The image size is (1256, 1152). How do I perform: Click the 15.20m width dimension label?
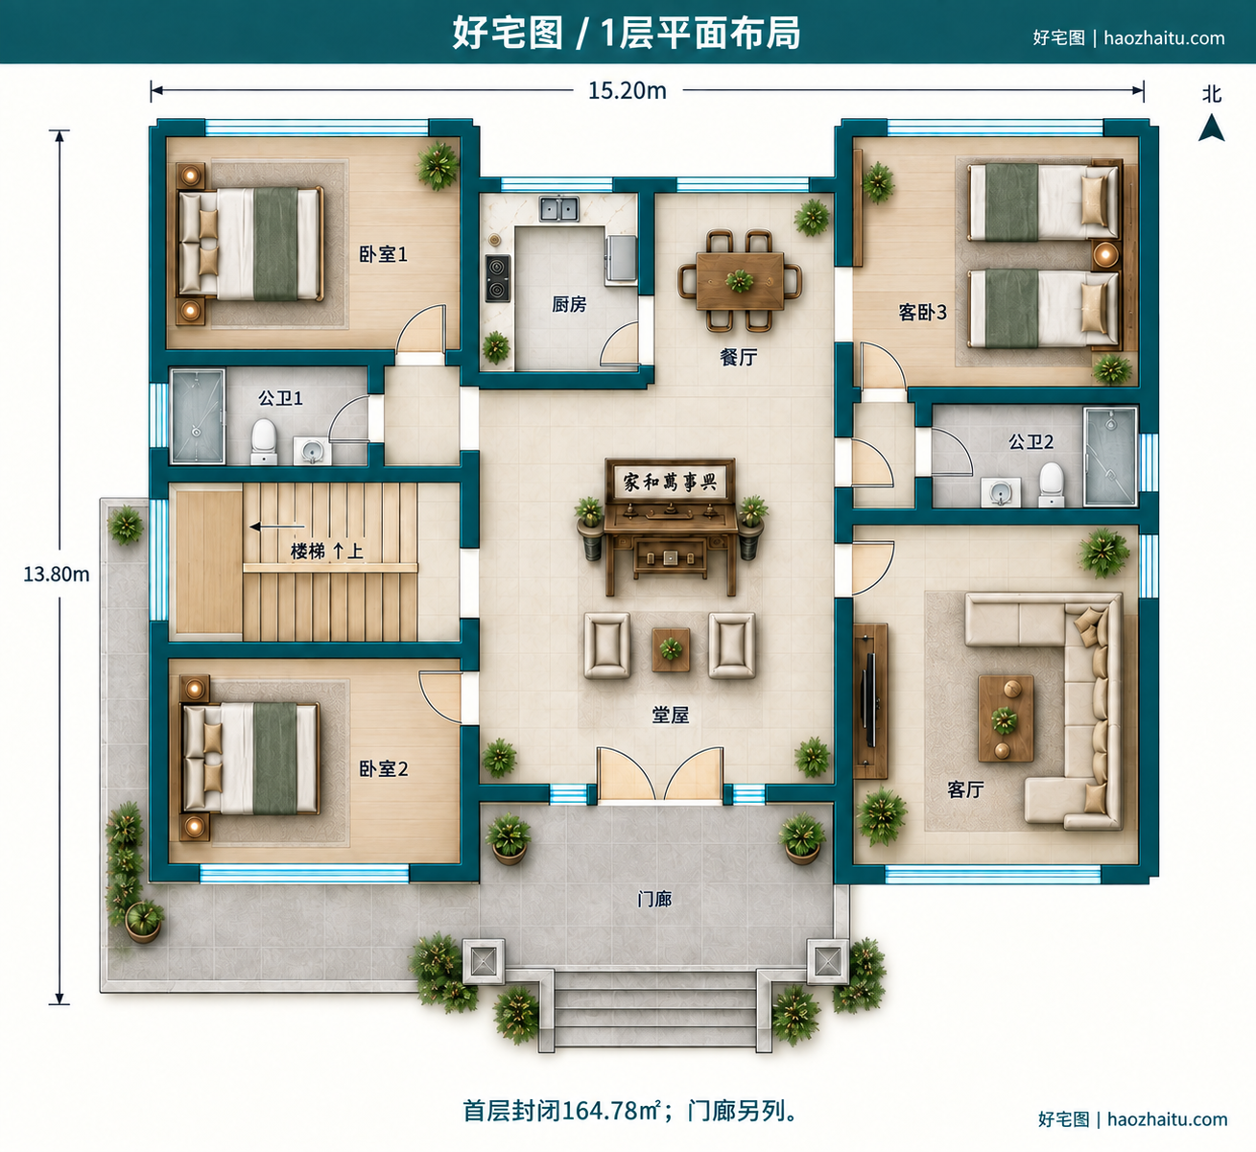[x=627, y=91]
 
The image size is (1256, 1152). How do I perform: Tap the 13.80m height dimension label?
[x=57, y=574]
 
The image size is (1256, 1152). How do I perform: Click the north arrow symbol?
[x=1212, y=128]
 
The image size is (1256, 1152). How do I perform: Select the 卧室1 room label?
[x=383, y=254]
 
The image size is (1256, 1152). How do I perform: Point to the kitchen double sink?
[x=559, y=208]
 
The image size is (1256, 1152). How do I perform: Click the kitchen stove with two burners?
[x=498, y=278]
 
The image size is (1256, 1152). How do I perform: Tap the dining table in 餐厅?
[x=740, y=280]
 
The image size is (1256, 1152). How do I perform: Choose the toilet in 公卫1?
[x=264, y=441]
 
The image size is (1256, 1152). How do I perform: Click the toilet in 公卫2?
[x=1052, y=484]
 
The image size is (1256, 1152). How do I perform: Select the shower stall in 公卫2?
[x=1111, y=456]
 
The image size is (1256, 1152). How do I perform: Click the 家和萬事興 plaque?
[x=670, y=482]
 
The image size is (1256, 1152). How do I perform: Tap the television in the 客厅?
[x=869, y=700]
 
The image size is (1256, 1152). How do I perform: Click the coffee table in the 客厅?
[x=1006, y=718]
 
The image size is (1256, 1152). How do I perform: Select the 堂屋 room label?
[x=671, y=715]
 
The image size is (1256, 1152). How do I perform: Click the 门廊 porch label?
[x=654, y=899]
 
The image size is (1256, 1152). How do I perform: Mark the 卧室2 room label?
[x=383, y=768]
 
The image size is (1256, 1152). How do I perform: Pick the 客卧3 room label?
[x=922, y=312]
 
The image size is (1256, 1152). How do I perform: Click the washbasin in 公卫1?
[x=313, y=451]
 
